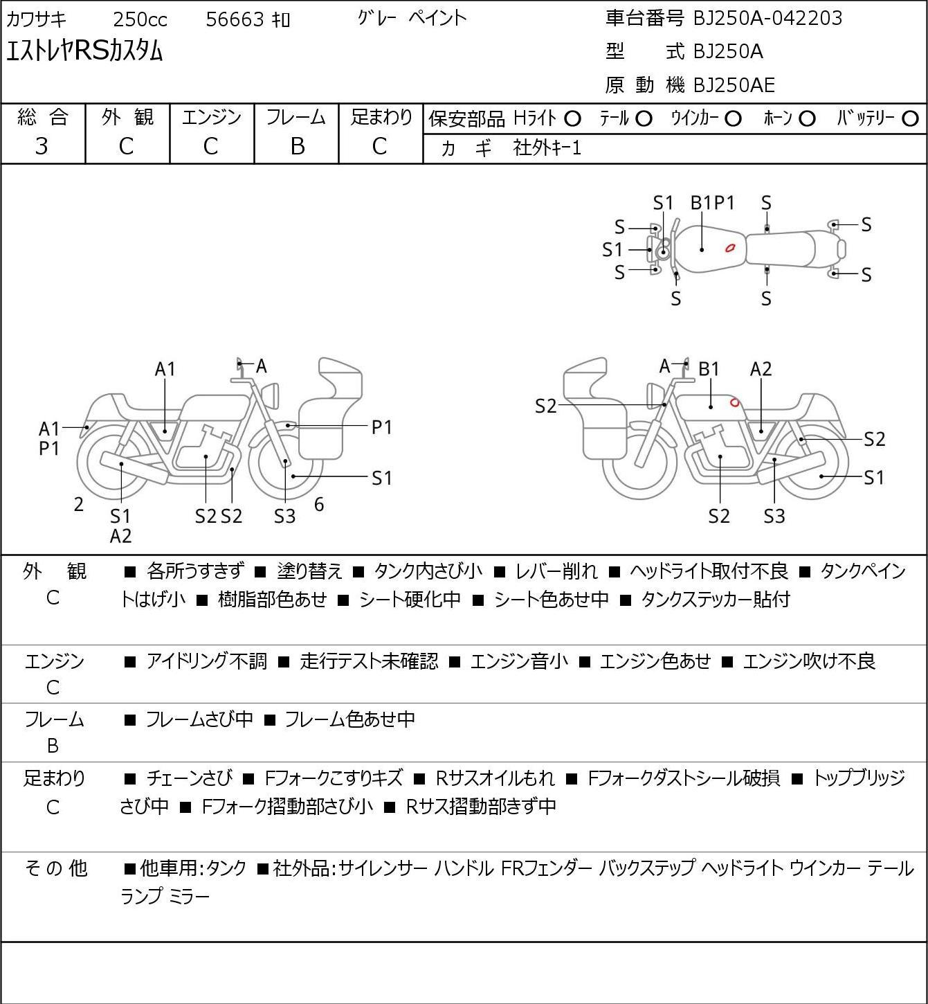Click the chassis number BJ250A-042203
point(767,19)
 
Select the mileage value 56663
point(235,19)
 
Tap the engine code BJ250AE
point(734,85)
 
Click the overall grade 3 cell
point(42,147)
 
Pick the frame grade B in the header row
point(297,147)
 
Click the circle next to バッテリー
point(910,119)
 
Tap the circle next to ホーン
point(807,119)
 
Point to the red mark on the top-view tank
point(730,248)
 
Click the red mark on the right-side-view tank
point(734,402)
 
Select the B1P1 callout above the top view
point(712,203)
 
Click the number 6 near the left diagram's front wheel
point(318,504)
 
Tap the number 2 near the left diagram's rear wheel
point(78,504)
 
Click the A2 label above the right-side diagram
point(761,369)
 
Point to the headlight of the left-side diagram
point(270,395)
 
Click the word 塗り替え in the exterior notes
point(309,571)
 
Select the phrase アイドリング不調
point(206,661)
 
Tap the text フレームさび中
point(199,719)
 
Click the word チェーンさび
point(190,778)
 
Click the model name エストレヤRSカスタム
point(84,51)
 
